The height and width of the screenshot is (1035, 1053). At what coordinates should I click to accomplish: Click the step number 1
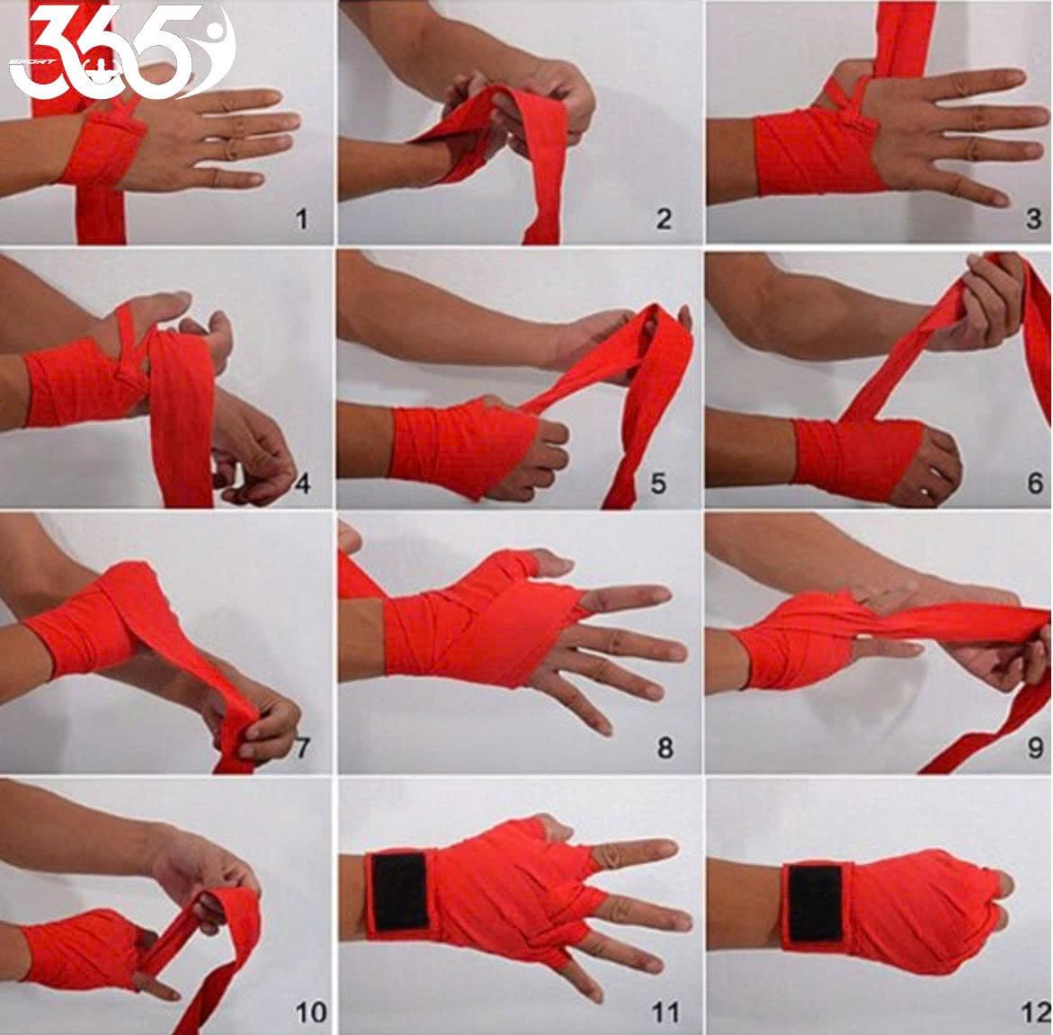[301, 219]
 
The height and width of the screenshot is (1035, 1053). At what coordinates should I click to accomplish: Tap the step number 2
[664, 219]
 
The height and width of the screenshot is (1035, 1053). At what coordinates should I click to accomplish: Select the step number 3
[1033, 219]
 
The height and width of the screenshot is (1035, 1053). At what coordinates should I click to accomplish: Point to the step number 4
[303, 483]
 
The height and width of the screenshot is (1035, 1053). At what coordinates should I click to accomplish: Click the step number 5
[658, 483]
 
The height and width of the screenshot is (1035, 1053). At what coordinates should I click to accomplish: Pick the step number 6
[1035, 483]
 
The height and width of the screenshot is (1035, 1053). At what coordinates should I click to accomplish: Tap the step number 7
[302, 747]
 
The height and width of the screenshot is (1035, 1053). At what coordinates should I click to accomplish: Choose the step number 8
[665, 747]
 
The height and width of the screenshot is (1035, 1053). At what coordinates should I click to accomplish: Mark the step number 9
[1036, 747]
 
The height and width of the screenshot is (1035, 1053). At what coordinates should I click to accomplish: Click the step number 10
[311, 1013]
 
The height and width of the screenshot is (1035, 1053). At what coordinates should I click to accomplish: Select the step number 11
[665, 1013]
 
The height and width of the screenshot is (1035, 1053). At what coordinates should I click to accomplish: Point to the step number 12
[1035, 1013]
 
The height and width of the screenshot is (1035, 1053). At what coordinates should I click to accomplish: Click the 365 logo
[120, 50]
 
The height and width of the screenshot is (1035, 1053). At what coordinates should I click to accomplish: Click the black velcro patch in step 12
[815, 903]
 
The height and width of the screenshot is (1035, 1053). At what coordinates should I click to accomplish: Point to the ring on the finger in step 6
[926, 492]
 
